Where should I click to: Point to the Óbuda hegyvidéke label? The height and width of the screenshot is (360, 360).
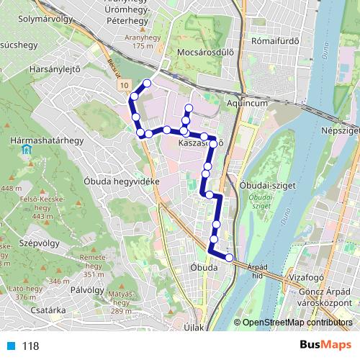tap(121, 181)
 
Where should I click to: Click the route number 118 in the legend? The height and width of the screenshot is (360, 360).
tap(30, 346)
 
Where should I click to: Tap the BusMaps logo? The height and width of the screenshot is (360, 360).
tap(325, 346)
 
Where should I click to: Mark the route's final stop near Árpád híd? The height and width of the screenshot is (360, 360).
tap(230, 257)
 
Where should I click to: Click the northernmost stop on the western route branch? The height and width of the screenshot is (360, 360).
tap(148, 84)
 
